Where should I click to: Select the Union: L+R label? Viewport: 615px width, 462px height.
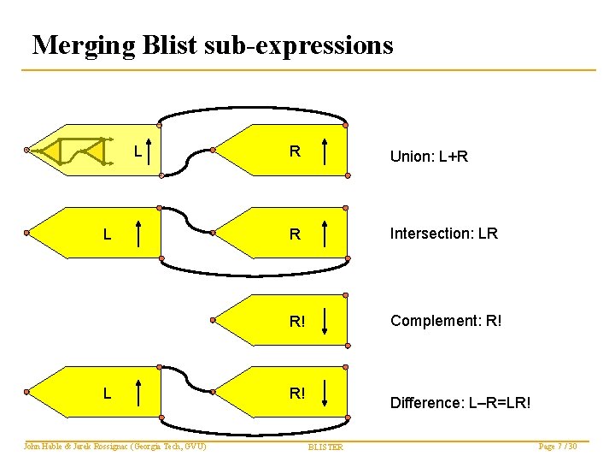[x=429, y=157]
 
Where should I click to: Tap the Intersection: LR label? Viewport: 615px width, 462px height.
[x=443, y=233]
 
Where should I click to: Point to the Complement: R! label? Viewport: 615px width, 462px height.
[x=446, y=321]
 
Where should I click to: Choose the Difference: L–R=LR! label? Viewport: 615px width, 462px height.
[x=460, y=401]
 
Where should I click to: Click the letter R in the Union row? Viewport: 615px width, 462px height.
[x=294, y=152]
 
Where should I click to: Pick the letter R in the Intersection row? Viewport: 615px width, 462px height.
[x=295, y=234]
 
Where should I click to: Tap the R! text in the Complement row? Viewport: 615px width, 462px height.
[x=297, y=322]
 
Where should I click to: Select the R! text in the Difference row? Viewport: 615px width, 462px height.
[x=297, y=394]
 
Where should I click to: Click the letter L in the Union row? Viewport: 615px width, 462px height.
[x=137, y=152]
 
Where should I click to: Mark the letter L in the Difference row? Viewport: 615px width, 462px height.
[x=106, y=394]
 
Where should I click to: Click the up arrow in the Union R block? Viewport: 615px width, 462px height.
[x=327, y=152]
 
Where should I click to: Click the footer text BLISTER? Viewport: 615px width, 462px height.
[x=325, y=447]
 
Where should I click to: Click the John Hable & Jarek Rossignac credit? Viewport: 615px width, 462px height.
[x=114, y=447]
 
